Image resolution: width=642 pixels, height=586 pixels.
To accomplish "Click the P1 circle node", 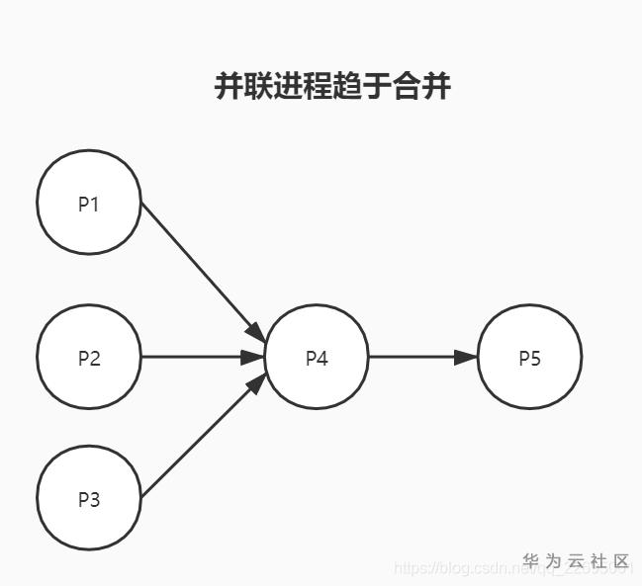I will (89, 203).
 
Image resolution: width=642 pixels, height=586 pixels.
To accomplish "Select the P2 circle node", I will (89, 357).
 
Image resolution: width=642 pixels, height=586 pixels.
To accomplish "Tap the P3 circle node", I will (89, 498).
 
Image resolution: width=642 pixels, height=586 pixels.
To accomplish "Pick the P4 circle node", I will (317, 357).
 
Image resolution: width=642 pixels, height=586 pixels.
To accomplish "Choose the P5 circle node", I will (529, 357).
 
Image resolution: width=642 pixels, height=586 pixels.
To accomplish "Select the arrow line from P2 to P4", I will (193, 357).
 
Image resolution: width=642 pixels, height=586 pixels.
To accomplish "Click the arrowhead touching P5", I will (466, 357).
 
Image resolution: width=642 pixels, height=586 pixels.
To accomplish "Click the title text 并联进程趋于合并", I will (332, 86).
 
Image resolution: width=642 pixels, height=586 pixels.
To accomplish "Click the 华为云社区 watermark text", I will (577, 561).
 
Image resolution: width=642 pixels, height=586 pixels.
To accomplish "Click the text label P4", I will (317, 358).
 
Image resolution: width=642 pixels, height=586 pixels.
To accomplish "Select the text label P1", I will (89, 205).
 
